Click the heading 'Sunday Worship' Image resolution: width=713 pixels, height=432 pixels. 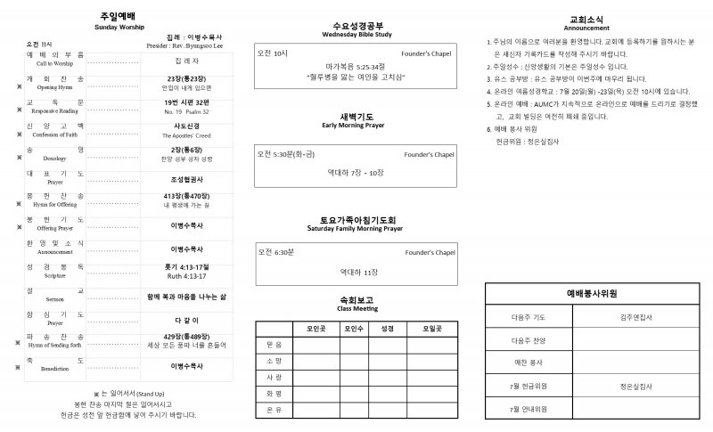click(x=119, y=28)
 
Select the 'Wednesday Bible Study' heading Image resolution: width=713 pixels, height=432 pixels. click(x=356, y=35)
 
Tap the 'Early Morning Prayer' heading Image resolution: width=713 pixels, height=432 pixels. click(x=356, y=126)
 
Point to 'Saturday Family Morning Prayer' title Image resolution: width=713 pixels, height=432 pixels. click(x=356, y=229)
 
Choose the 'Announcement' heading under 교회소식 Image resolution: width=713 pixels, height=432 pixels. click(x=587, y=28)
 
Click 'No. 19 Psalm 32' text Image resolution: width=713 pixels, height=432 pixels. click(x=185, y=112)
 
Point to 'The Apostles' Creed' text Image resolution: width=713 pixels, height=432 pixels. click(x=185, y=135)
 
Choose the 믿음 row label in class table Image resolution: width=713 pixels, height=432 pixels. click(x=274, y=344)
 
